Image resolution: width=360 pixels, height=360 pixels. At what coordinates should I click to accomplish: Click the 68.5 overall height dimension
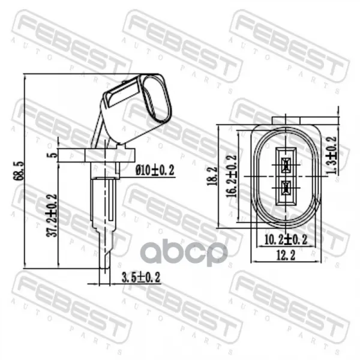click(19, 170)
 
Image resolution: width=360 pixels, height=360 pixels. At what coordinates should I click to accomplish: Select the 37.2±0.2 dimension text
click(51, 215)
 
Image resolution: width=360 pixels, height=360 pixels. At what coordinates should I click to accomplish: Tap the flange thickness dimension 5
click(53, 155)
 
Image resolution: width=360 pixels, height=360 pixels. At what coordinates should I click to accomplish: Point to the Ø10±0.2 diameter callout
click(155, 170)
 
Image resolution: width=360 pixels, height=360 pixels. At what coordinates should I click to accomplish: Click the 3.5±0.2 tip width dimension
click(140, 277)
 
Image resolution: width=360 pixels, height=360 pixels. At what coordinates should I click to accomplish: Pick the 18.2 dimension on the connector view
click(212, 176)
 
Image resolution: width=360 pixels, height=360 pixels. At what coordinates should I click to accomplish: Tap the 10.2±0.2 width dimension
click(286, 240)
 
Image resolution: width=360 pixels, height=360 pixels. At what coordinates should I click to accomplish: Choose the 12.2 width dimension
click(286, 256)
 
